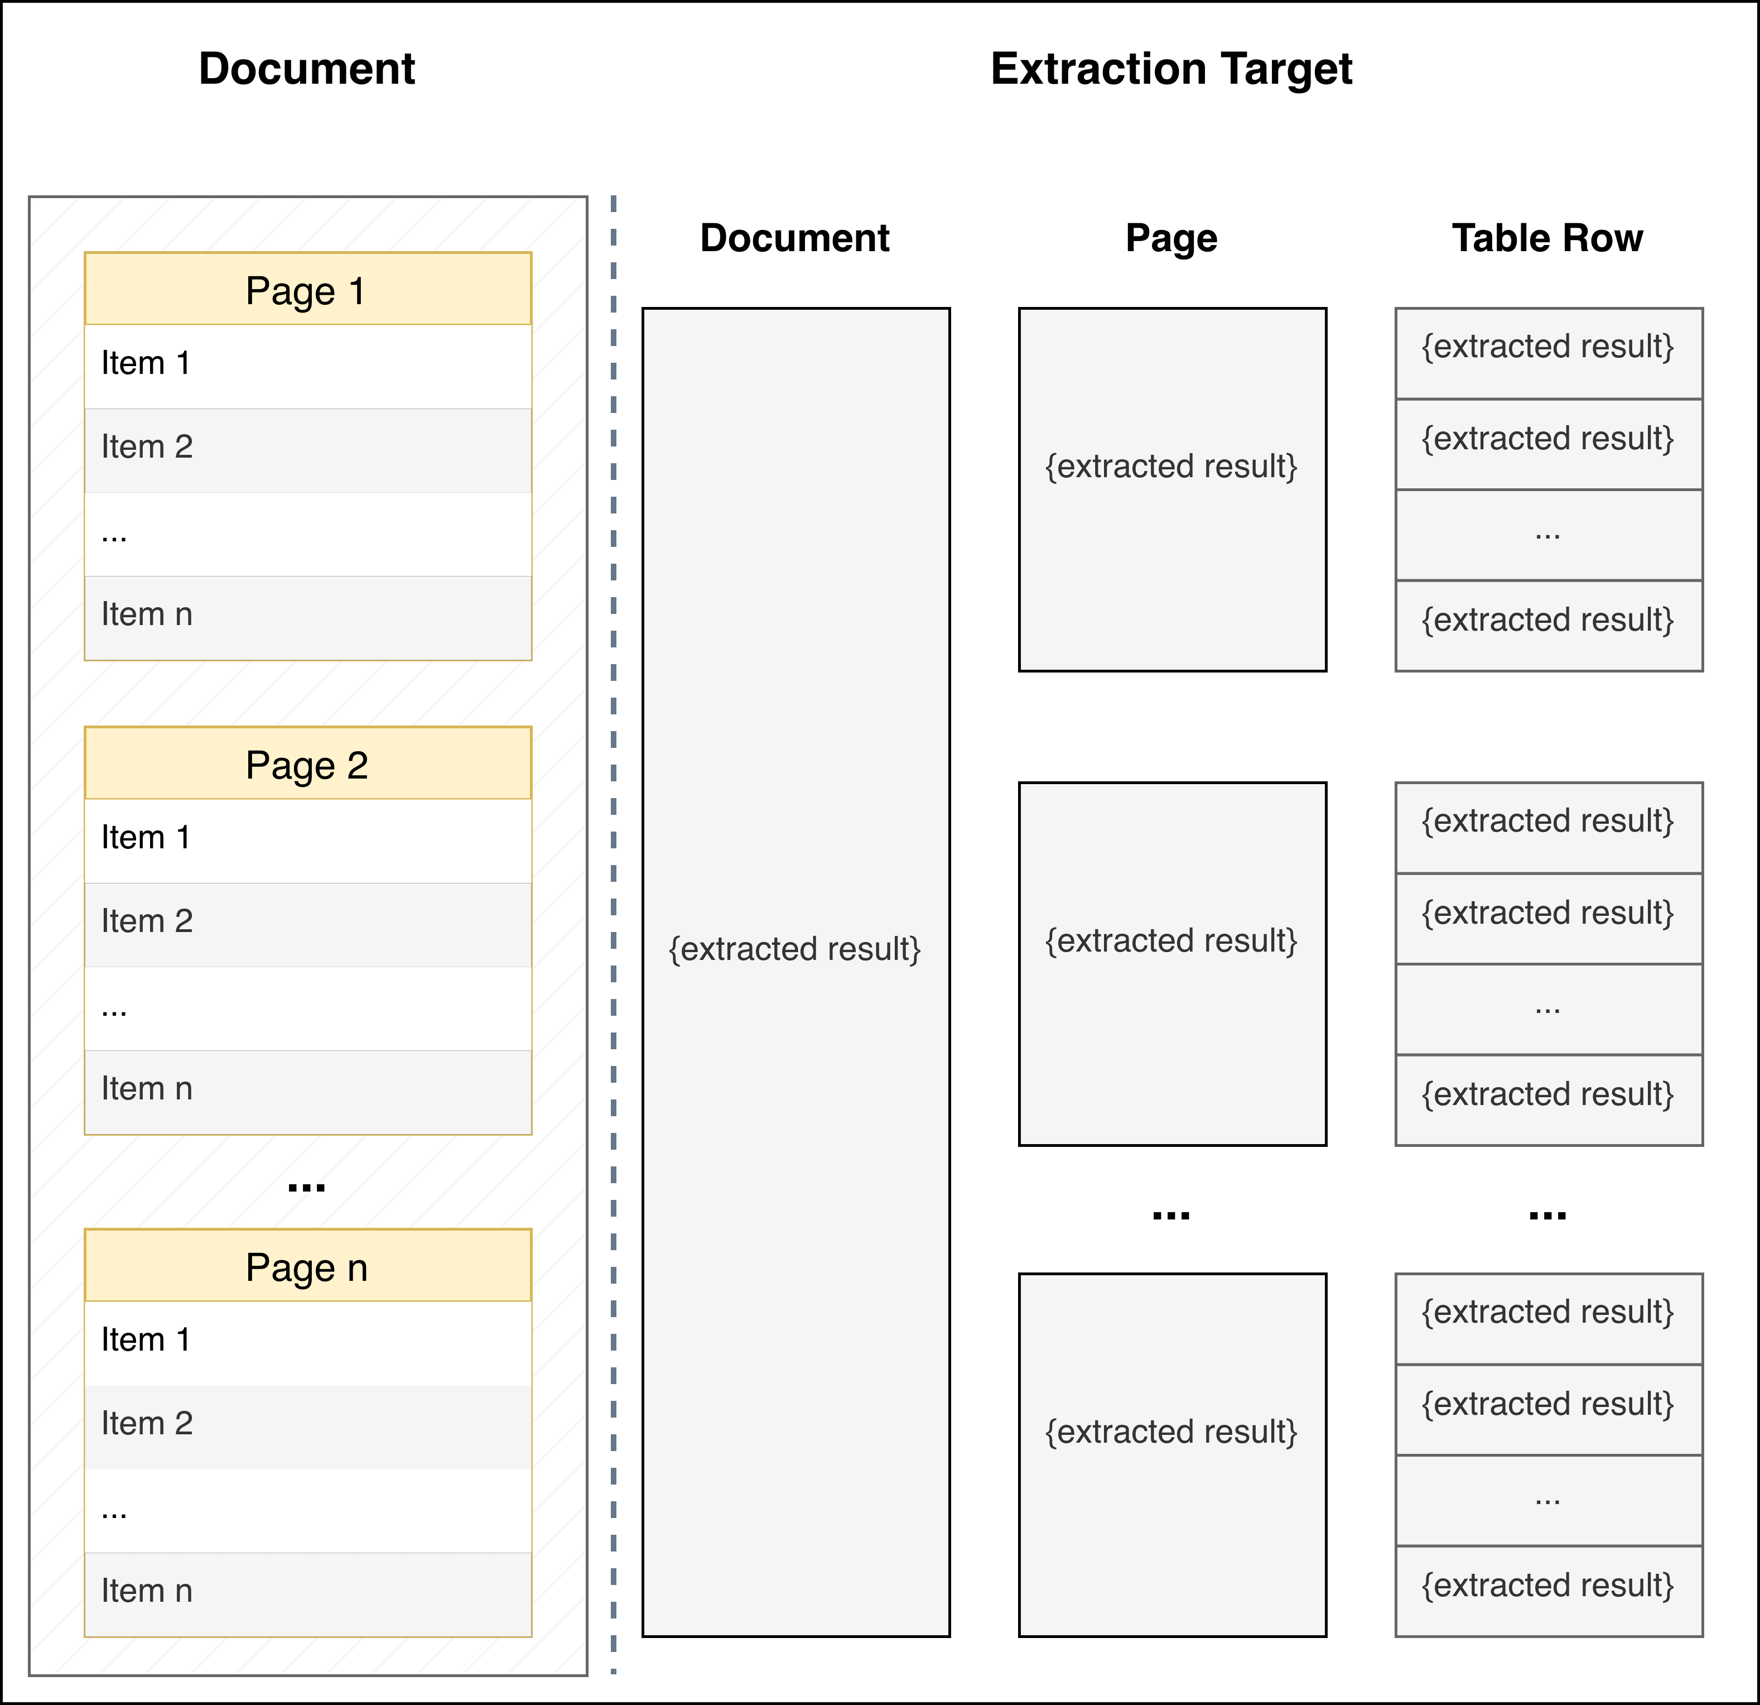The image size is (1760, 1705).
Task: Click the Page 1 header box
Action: tap(307, 289)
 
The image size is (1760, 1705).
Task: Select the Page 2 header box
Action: tap(307, 763)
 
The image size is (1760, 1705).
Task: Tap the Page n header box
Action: tap(307, 1266)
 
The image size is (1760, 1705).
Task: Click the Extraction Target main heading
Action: tap(1171, 69)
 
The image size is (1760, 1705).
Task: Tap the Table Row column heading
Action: tap(1547, 238)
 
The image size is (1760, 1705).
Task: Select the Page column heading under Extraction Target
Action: tap(1171, 238)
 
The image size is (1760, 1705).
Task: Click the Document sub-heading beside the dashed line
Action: tap(795, 238)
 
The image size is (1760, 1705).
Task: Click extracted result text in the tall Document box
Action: tap(795, 949)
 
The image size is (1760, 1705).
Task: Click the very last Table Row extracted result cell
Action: tap(1547, 1587)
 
